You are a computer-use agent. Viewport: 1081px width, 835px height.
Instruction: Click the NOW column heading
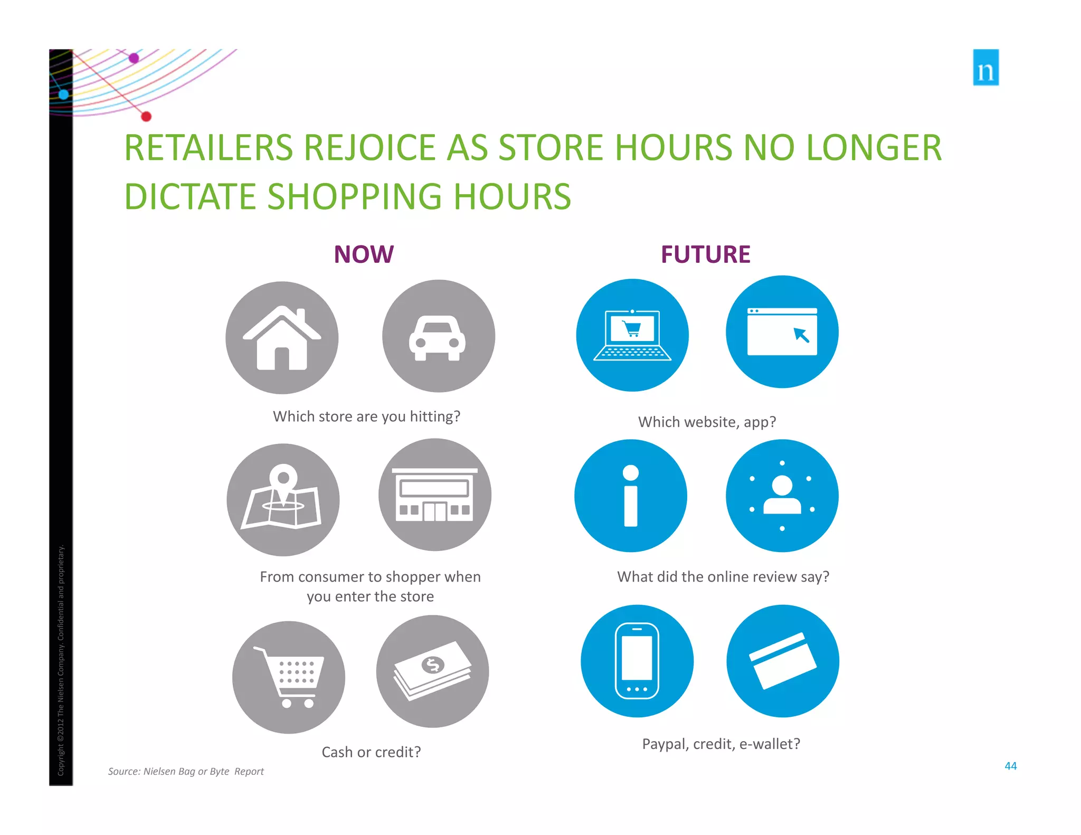[x=364, y=254]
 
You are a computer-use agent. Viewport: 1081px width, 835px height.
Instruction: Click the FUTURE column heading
[x=705, y=254]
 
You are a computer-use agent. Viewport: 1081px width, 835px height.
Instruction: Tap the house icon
[x=282, y=338]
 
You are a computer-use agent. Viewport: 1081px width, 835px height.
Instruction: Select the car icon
[x=438, y=337]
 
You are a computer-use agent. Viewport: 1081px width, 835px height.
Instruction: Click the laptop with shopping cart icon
[x=632, y=335]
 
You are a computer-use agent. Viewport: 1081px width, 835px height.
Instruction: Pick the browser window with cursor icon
[x=782, y=332]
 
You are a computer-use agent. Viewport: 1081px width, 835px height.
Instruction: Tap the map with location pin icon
[x=283, y=499]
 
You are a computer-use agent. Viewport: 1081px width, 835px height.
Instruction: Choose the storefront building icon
[x=434, y=495]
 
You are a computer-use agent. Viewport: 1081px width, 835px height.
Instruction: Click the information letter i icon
[x=631, y=496]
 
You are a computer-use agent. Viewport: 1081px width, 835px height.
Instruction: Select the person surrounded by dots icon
[x=782, y=496]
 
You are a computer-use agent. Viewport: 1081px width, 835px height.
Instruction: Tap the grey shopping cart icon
[x=289, y=677]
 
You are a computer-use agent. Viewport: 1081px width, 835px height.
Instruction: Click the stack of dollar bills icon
[x=432, y=671]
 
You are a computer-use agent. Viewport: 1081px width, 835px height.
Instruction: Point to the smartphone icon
[x=637, y=661]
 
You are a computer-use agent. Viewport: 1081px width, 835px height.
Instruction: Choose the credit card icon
[x=783, y=661]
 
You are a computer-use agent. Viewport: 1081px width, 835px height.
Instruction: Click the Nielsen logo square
[x=985, y=68]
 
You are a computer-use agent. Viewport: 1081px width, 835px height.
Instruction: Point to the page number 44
[x=1010, y=766]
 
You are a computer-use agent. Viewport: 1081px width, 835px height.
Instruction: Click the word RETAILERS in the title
[x=208, y=148]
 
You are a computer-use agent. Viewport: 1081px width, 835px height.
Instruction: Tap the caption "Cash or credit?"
[x=371, y=752]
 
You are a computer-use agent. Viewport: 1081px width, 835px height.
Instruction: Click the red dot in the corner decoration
[x=146, y=117]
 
